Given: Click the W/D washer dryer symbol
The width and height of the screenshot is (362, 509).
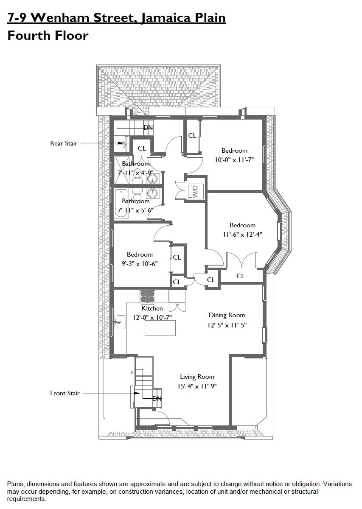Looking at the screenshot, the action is tap(195, 191).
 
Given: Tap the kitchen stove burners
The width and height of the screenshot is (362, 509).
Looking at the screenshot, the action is tap(147, 297).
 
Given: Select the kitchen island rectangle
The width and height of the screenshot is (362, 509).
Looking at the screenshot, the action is tap(160, 328).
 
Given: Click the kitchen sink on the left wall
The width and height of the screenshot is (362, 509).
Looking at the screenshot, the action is tap(120, 322).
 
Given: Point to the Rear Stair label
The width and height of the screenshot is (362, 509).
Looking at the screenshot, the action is tap(64, 143).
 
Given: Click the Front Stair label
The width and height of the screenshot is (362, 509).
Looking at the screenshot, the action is tap(65, 393).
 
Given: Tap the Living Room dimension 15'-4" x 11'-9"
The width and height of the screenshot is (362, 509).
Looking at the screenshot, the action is tap(197, 386).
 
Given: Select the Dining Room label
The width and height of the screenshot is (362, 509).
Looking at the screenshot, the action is tap(227, 316).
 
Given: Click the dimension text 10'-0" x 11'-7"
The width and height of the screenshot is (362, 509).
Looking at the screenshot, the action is tap(234, 160).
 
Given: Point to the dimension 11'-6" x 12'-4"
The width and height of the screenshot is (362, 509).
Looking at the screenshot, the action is tap(242, 235).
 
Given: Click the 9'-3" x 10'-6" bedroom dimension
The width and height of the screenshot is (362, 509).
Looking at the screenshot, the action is tap(140, 264).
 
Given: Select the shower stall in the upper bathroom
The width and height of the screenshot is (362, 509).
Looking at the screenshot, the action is tap(122, 170).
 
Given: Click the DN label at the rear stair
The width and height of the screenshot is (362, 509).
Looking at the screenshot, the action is tap(148, 128).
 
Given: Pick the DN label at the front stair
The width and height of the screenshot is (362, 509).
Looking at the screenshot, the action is tap(157, 399).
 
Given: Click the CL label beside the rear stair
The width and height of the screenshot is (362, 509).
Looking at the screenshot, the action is tap(142, 148).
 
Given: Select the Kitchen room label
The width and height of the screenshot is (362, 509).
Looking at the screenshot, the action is tap(152, 308).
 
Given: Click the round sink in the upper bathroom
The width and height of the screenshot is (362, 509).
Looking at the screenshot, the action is tap(151, 179).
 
